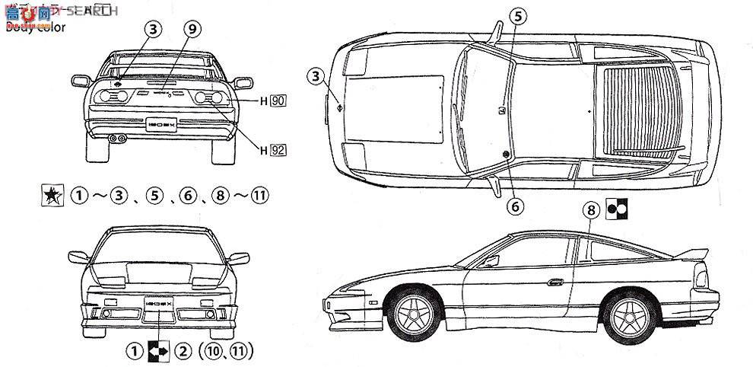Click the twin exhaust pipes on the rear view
click(x=118, y=139)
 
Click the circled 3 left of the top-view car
click(x=317, y=75)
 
